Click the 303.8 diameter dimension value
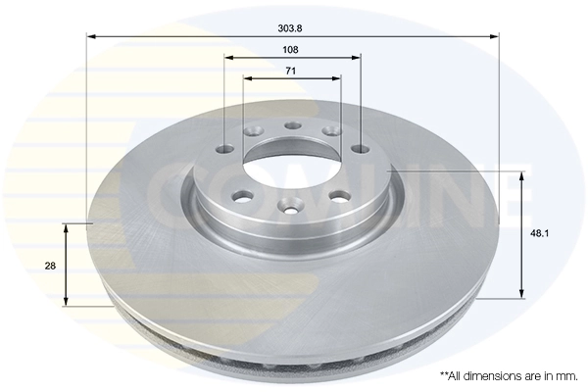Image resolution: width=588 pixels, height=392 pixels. click(x=291, y=27)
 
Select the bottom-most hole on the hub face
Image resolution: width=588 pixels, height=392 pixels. click(x=289, y=206)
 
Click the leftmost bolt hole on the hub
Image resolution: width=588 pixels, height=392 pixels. click(x=224, y=149)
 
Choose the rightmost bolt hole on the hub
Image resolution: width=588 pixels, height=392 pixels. click(x=360, y=150)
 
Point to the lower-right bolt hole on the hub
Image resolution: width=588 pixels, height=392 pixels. click(x=341, y=195)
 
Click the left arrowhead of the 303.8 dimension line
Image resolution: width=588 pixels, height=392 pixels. click(x=90, y=37)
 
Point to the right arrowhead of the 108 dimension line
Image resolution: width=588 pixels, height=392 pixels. click(x=358, y=56)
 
